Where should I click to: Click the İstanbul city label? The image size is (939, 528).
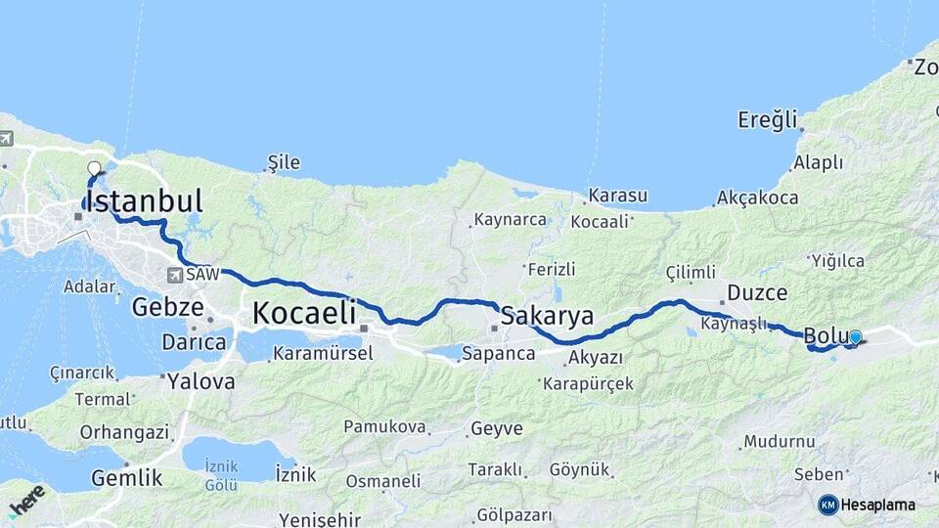pyautogui.click(x=144, y=201)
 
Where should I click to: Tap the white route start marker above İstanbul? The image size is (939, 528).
pyautogui.click(x=95, y=167)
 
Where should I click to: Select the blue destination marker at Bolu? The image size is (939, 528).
pyautogui.click(x=856, y=337)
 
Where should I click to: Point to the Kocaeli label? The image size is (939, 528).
pyautogui.click(x=303, y=314)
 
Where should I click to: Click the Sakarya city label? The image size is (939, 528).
pyautogui.click(x=547, y=316)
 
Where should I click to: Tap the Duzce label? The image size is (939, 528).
pyautogui.click(x=756, y=292)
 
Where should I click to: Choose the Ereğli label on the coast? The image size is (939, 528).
pyautogui.click(x=768, y=120)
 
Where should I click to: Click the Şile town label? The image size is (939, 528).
pyautogui.click(x=284, y=162)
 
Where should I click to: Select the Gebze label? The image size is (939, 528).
pyautogui.click(x=167, y=308)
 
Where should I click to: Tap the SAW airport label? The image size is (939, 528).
pyautogui.click(x=202, y=275)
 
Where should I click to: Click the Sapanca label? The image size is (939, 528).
pyautogui.click(x=498, y=353)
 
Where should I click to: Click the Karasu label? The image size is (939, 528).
pyautogui.click(x=617, y=196)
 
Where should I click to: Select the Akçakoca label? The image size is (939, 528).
pyautogui.click(x=757, y=198)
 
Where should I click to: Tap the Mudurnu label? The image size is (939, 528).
pyautogui.click(x=779, y=441)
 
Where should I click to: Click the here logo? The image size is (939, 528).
pyautogui.click(x=26, y=500)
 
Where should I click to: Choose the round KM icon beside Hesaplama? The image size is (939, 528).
pyautogui.click(x=828, y=505)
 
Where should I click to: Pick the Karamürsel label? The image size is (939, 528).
pyautogui.click(x=323, y=353)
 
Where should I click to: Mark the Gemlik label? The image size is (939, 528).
pyautogui.click(x=126, y=478)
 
